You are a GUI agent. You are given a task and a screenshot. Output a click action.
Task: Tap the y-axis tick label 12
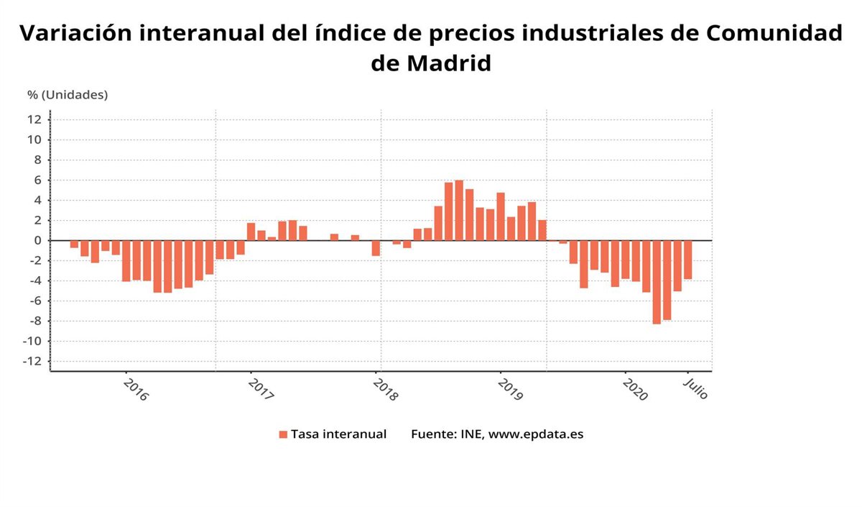[x=34, y=119]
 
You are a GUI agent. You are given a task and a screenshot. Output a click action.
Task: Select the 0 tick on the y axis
[x=36, y=240]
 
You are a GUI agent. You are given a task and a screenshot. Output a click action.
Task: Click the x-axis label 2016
[x=135, y=389]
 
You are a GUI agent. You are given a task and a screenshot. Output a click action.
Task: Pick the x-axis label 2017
[x=260, y=389]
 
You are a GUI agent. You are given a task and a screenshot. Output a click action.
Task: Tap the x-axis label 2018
[x=385, y=389]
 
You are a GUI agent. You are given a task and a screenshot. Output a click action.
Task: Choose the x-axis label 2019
[x=509, y=389]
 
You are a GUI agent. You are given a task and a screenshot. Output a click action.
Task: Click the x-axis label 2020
[x=635, y=389]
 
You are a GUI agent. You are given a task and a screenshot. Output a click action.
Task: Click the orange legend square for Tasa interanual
[x=283, y=434]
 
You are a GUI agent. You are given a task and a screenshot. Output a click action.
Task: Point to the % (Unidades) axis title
[x=68, y=94]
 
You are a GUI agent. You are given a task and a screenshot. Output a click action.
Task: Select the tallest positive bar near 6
[x=459, y=210]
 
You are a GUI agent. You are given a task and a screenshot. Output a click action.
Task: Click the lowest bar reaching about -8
[x=657, y=282]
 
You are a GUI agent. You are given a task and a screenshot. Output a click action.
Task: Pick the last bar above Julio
[x=687, y=260]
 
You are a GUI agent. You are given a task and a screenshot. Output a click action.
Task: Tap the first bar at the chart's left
[x=74, y=244]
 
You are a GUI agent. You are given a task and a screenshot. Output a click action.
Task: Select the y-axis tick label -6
[x=34, y=301]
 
